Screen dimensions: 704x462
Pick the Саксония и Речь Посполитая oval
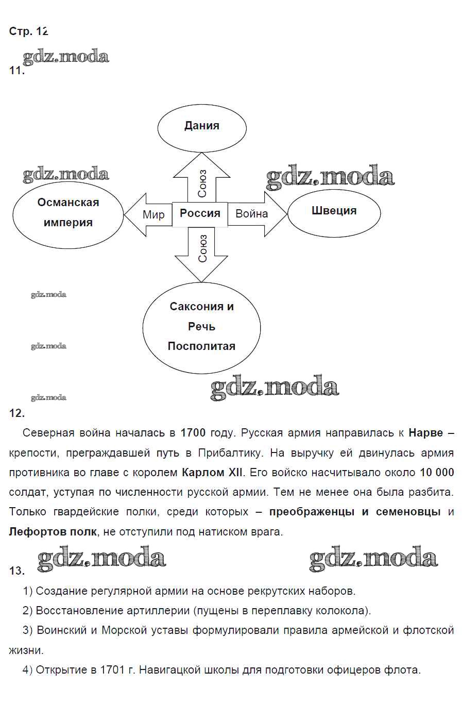coord(201,327)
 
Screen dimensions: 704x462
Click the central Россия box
coord(200,214)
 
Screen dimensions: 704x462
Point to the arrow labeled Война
coord(258,214)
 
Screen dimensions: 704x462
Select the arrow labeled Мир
coord(147,214)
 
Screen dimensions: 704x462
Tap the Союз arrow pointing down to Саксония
coord(202,253)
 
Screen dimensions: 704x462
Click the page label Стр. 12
coord(28,31)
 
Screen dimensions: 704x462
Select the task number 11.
coord(16,71)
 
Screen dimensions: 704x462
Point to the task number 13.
coord(16,571)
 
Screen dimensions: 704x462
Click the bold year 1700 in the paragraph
coord(193,433)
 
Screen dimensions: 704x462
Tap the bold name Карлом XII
coord(212,472)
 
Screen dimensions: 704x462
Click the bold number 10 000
coord(437,472)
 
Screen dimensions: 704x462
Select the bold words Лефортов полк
coord(53,531)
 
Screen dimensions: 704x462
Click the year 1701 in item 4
coord(112,670)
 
